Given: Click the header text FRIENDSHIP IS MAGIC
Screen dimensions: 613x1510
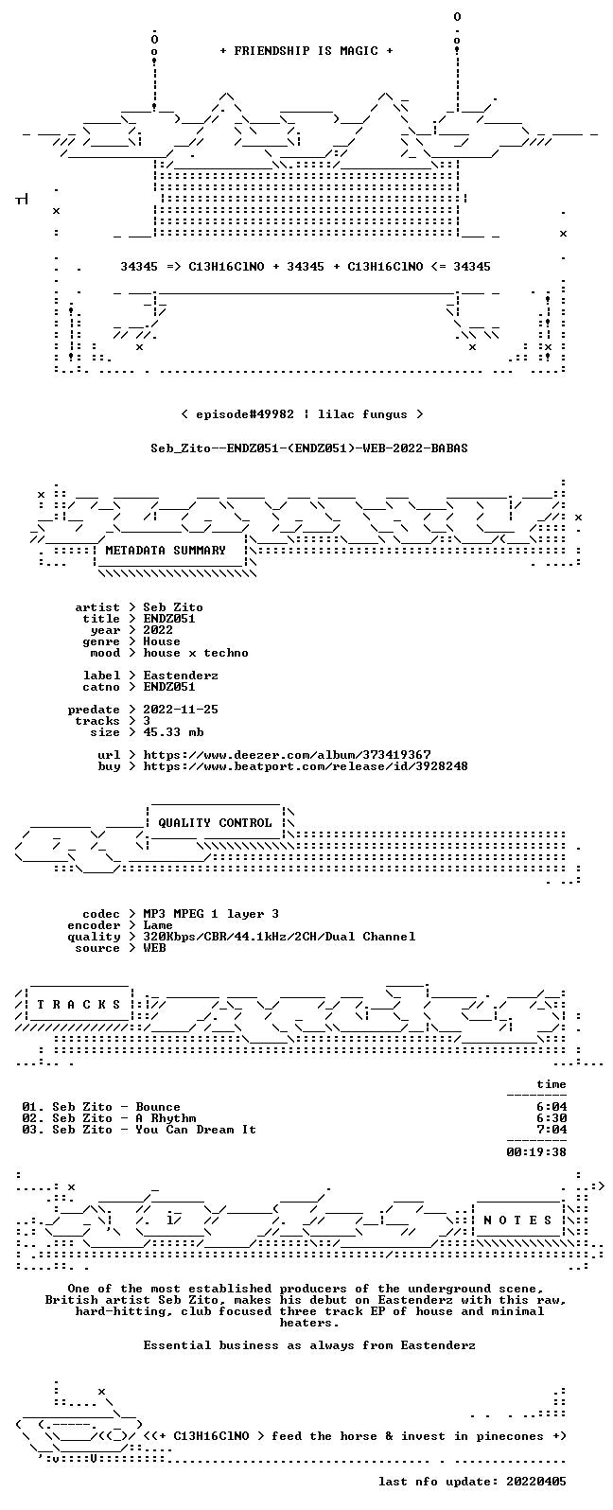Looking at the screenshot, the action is point(306,51).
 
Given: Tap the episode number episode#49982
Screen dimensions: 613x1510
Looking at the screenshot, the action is point(245,414).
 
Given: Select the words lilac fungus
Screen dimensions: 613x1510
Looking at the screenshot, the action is point(363,414).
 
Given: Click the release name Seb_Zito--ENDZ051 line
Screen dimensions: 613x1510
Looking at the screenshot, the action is point(308,448).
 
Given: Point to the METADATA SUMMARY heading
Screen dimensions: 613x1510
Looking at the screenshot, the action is point(166,551).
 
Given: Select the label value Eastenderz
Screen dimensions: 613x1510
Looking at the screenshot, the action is point(181,676).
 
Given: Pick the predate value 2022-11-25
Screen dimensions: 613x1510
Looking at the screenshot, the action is point(181,710).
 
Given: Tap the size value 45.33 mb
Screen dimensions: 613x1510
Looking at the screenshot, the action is point(173,732).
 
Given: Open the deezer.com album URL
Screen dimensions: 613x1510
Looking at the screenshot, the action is point(288,755).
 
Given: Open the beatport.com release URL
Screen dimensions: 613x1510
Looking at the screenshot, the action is point(306,766).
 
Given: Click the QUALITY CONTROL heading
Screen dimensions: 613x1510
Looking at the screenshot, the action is point(215,823).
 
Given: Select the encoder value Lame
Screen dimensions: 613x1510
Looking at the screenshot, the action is point(158,925).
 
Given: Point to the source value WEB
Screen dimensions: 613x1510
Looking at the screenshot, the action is point(154,948).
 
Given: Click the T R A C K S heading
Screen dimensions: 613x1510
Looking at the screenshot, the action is point(79,1005).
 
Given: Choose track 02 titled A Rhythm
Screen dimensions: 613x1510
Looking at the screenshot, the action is point(109,1118).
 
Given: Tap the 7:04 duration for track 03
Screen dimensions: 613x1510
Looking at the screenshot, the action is point(552,1130).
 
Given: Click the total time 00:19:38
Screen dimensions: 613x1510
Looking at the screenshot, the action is point(536,1152).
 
